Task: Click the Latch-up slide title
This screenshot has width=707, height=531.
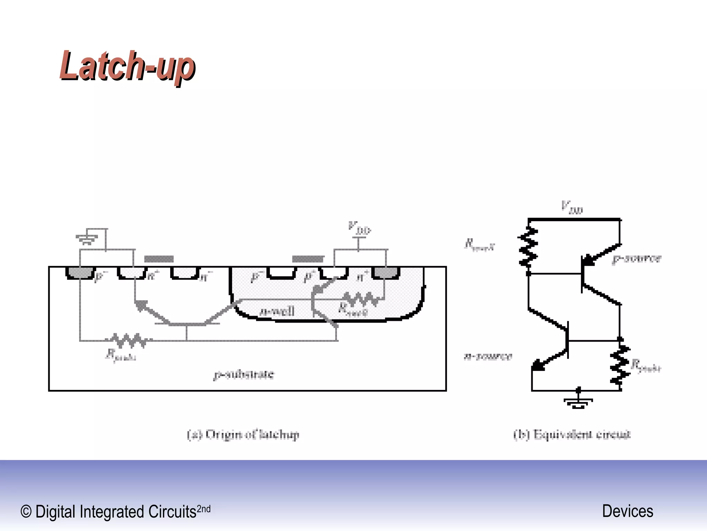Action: point(127,66)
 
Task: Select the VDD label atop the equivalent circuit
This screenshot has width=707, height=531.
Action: point(572,207)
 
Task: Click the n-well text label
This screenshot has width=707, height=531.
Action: point(277,311)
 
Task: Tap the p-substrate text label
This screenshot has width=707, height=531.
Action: point(244,374)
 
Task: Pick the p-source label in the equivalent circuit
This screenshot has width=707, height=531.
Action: point(637,259)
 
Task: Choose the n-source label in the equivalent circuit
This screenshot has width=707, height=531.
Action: point(488,356)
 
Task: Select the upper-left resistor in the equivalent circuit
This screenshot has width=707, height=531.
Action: point(528,247)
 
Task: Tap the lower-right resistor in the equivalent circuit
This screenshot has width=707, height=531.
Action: point(620,365)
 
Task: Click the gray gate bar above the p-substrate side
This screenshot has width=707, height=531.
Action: point(159,259)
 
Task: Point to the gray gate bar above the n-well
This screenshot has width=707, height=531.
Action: point(308,259)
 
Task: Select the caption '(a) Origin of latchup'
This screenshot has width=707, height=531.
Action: point(243,434)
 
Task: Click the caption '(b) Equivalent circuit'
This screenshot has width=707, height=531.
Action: point(572,434)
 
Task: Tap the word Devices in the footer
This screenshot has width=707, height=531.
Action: point(628,511)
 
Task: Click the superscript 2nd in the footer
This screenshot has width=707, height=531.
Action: point(203,509)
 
